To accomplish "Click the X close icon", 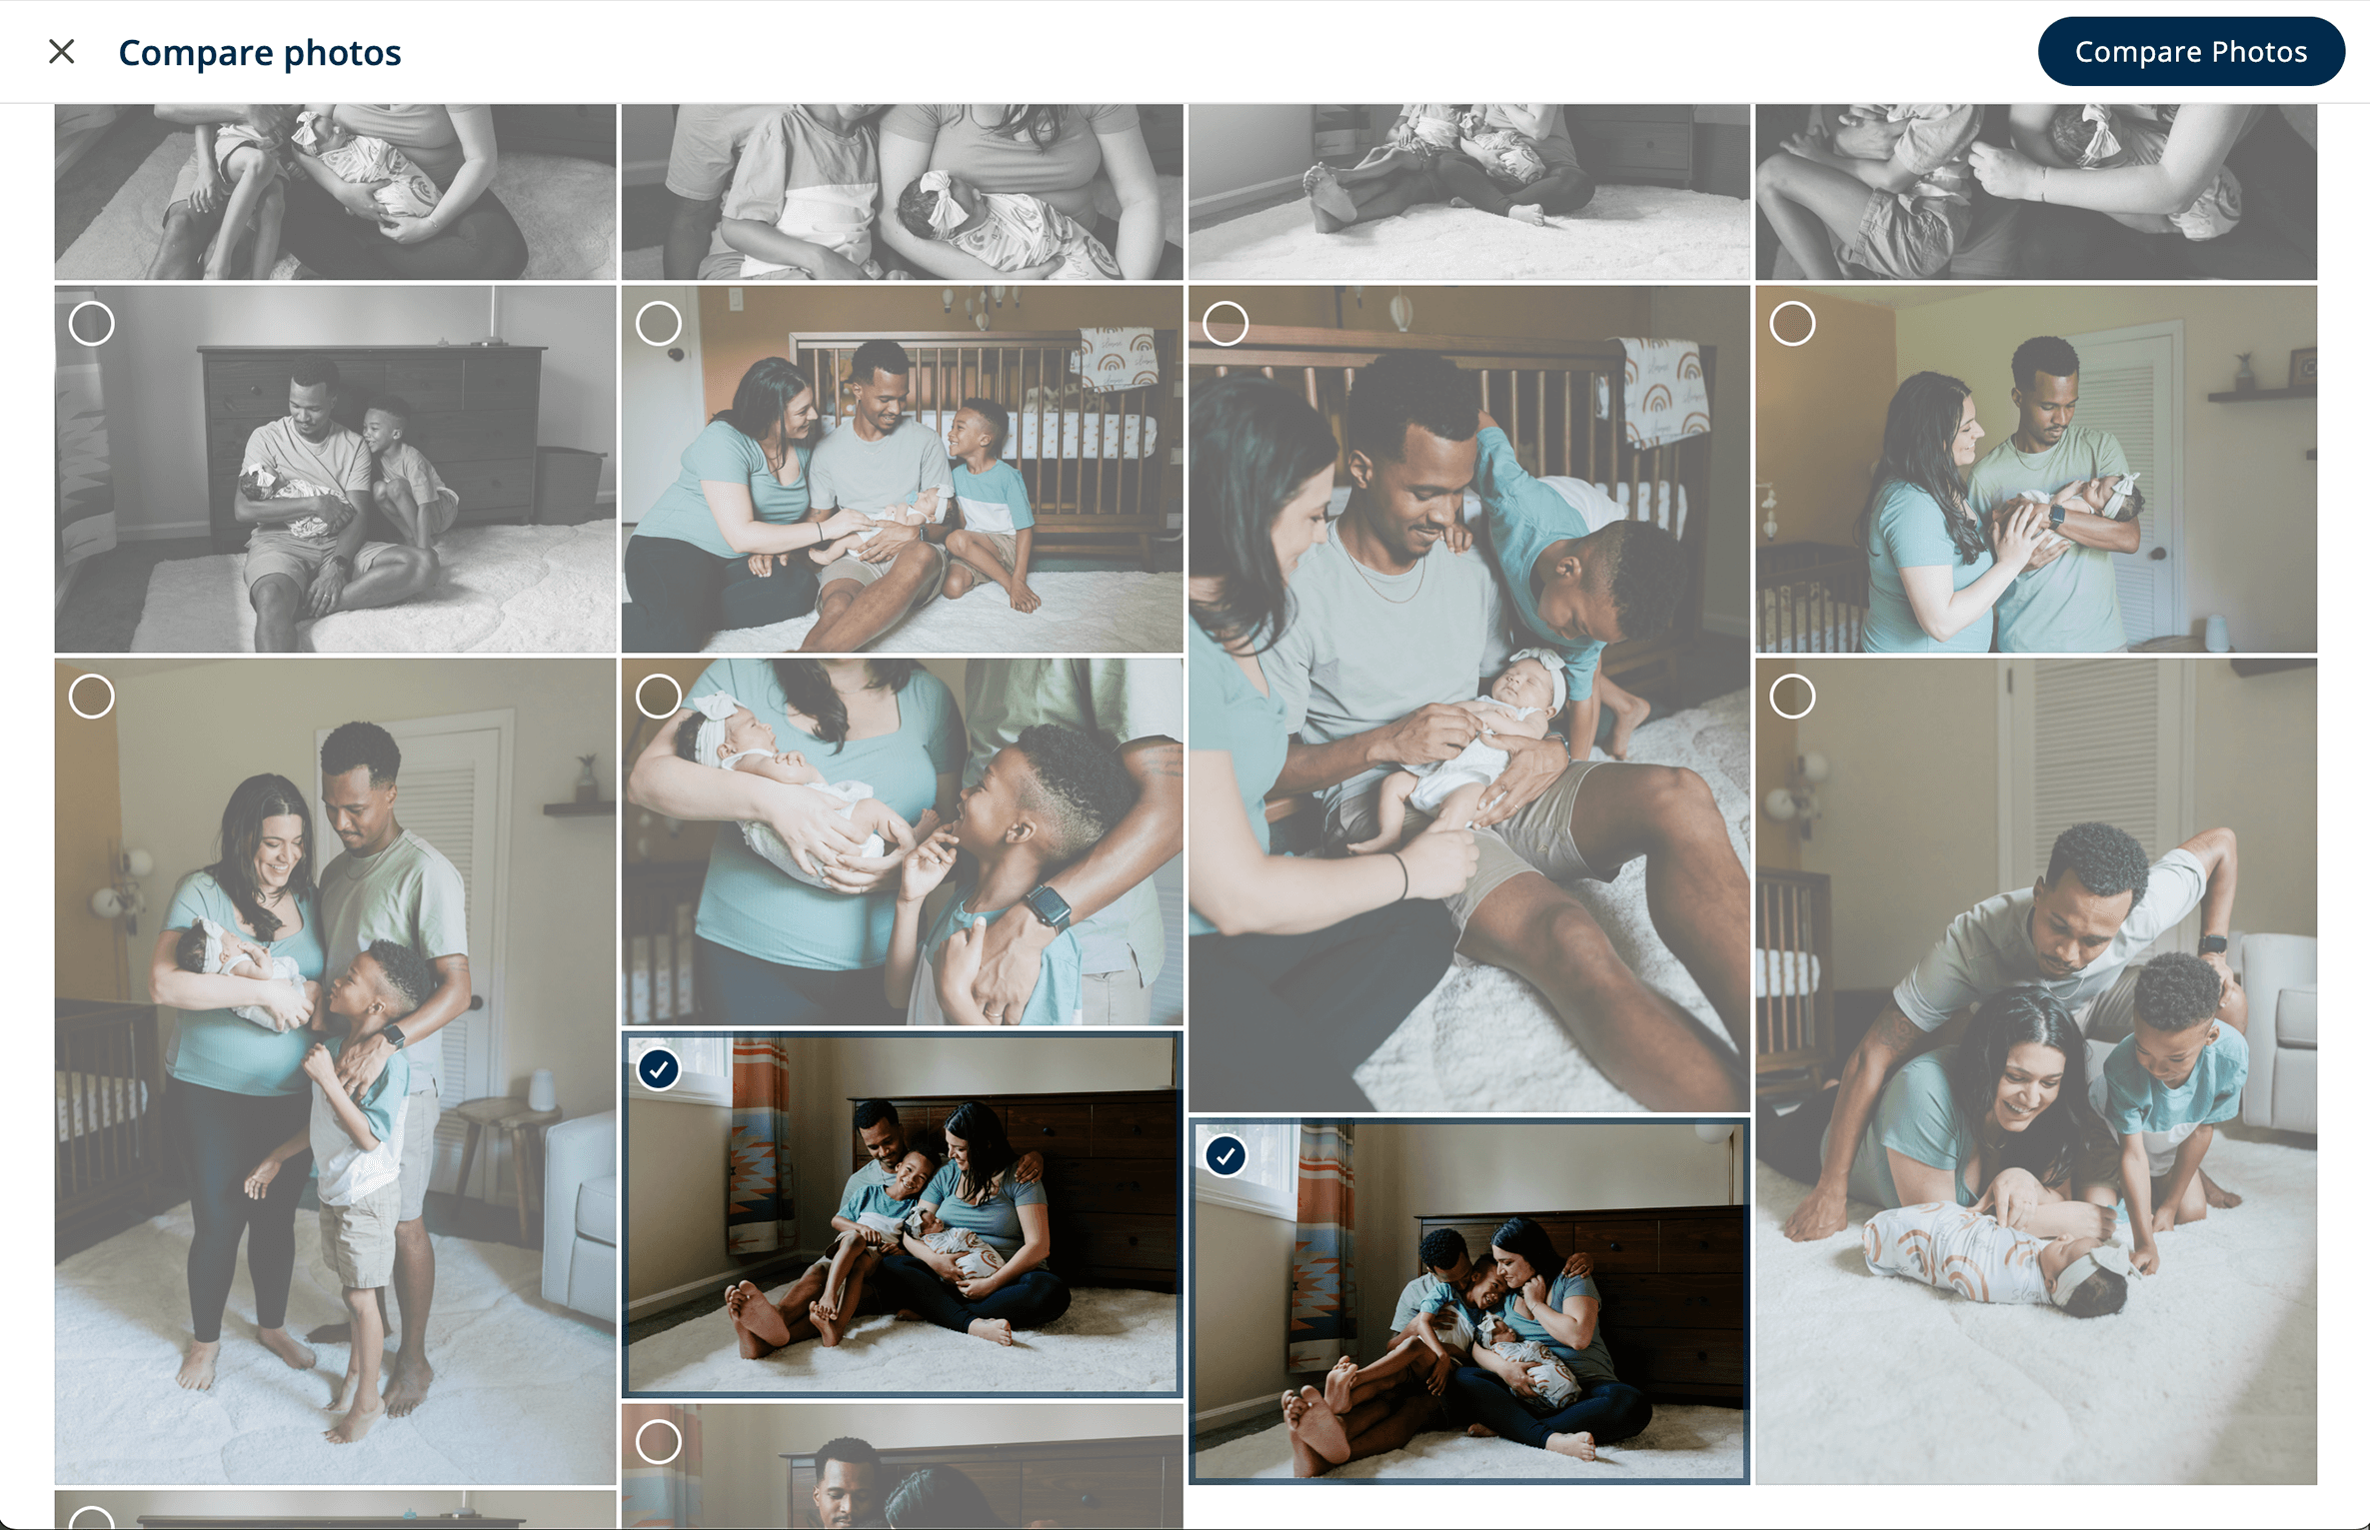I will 62,52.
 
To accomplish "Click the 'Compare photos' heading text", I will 259,52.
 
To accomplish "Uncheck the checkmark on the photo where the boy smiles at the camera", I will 659,1069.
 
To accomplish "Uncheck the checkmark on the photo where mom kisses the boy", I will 1225,1156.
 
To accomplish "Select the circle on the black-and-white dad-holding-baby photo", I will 92,324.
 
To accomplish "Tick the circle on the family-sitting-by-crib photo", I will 659,324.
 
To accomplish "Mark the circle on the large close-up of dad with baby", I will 1225,324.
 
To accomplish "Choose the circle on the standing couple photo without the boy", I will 1792,324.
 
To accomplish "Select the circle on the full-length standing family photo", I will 92,697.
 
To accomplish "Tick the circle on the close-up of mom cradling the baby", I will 659,697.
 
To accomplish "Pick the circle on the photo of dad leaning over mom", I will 1792,697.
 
